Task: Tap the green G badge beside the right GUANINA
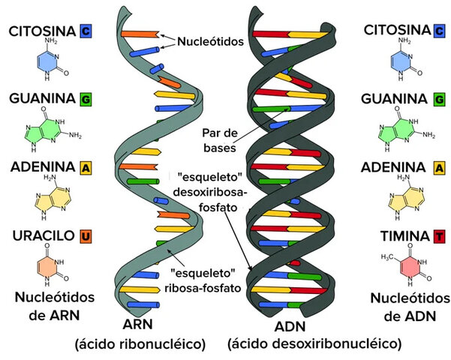tap(438, 99)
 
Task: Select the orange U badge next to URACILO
tap(86, 237)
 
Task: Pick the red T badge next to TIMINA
tap(438, 237)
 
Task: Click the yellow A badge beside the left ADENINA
tap(86, 168)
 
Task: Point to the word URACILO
tap(41, 237)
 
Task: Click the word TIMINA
tap(400, 237)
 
